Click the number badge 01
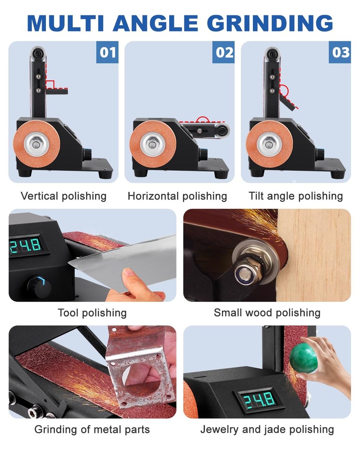coord(108,52)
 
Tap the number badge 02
coord(224,52)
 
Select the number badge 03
coord(341,52)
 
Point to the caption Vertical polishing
coord(63,196)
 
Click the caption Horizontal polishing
coord(177,196)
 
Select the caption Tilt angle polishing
coord(296,196)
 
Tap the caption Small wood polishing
coord(267,313)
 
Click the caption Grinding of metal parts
coord(92,429)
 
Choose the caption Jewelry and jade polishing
coord(267,429)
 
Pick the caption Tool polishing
coord(92,313)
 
